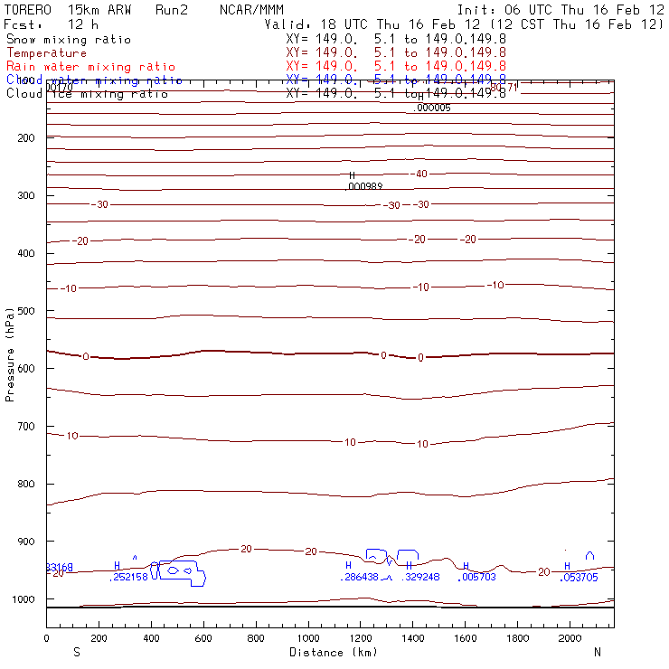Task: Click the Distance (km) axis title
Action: click(333, 652)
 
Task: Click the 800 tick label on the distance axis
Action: click(257, 638)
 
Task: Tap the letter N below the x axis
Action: click(597, 652)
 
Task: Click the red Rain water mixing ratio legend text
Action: click(90, 67)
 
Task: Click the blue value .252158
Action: click(128, 577)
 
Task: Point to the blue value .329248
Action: click(420, 577)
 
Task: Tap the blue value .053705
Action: click(579, 577)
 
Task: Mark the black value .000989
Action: click(364, 186)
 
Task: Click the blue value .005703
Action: click(477, 577)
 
